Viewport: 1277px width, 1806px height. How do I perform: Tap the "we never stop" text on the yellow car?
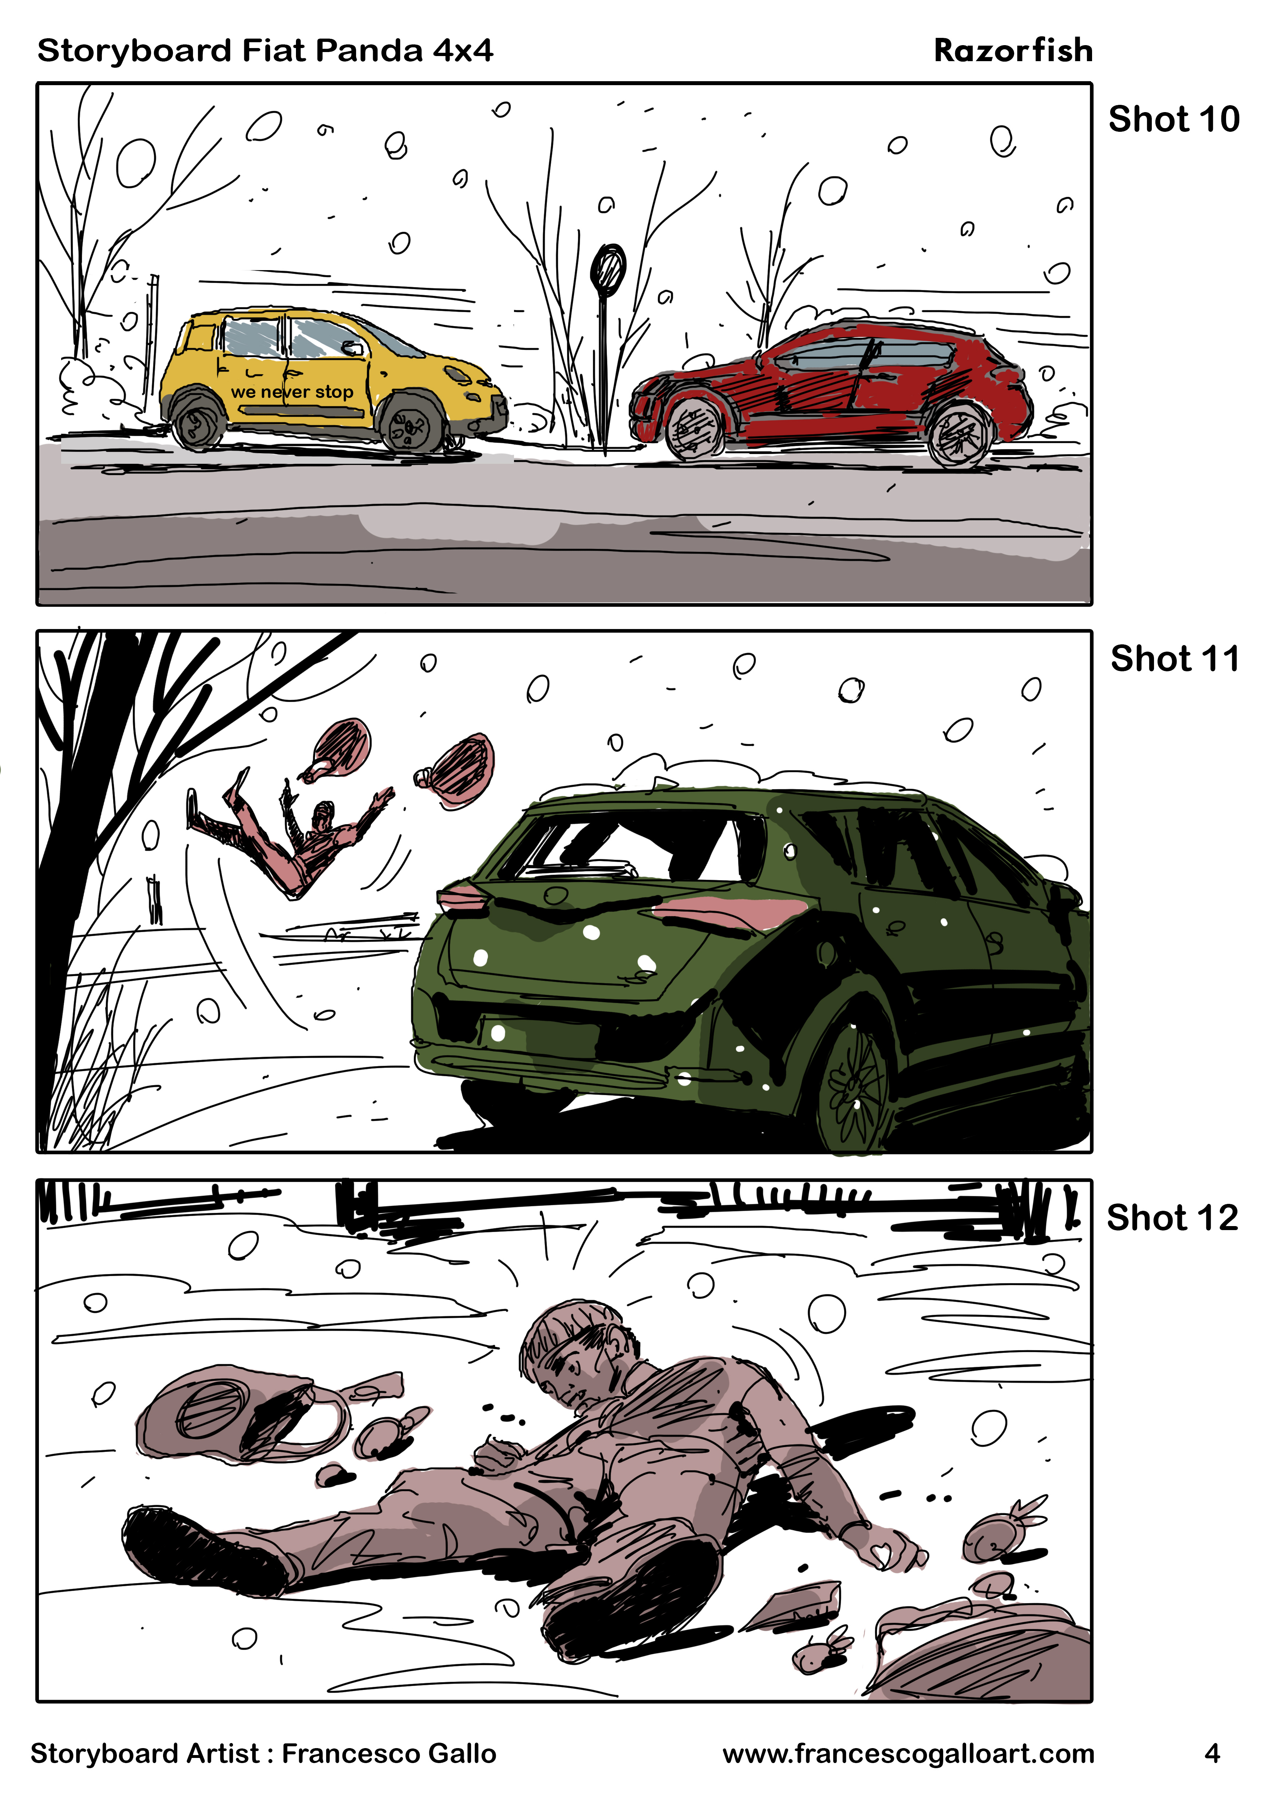(x=292, y=392)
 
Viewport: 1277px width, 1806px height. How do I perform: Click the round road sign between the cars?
(x=608, y=270)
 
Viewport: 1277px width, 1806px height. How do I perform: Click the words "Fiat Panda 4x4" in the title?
(x=367, y=50)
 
